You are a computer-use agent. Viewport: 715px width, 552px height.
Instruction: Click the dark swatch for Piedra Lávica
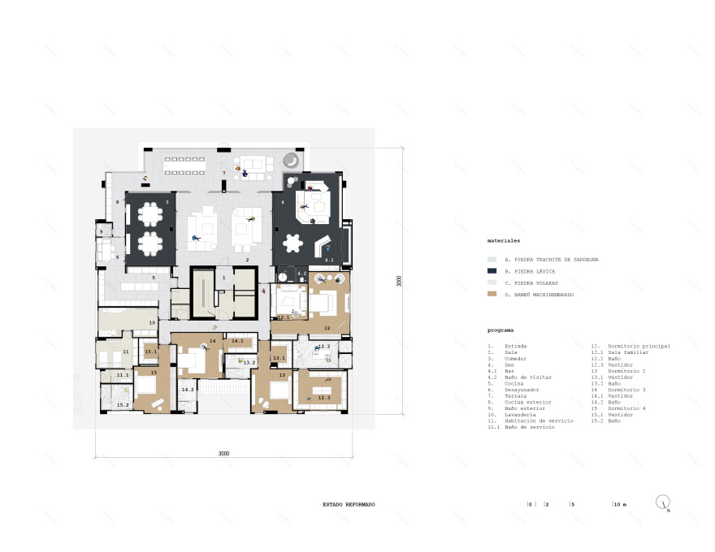pyautogui.click(x=492, y=270)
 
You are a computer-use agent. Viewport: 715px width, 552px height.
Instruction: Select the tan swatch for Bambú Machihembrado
pyautogui.click(x=492, y=294)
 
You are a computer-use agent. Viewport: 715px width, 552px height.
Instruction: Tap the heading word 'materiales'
pyautogui.click(x=503, y=241)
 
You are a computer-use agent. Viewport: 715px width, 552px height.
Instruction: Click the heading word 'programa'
pyautogui.click(x=500, y=331)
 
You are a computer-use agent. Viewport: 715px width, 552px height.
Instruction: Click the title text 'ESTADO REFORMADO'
pyautogui.click(x=349, y=504)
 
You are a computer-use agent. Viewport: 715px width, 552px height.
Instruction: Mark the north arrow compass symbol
pyautogui.click(x=665, y=503)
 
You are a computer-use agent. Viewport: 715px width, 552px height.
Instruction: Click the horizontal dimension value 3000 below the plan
pyautogui.click(x=223, y=453)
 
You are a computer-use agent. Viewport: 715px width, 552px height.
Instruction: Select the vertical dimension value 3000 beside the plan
pyautogui.click(x=399, y=281)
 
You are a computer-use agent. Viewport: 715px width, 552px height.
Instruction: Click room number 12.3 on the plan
pyautogui.click(x=324, y=397)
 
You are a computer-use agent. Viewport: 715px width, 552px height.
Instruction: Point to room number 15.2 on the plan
pyautogui.click(x=123, y=404)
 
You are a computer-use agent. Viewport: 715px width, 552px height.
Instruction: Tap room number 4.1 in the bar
pyautogui.click(x=329, y=260)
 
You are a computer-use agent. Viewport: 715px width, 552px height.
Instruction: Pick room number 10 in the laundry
pyautogui.click(x=152, y=322)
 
